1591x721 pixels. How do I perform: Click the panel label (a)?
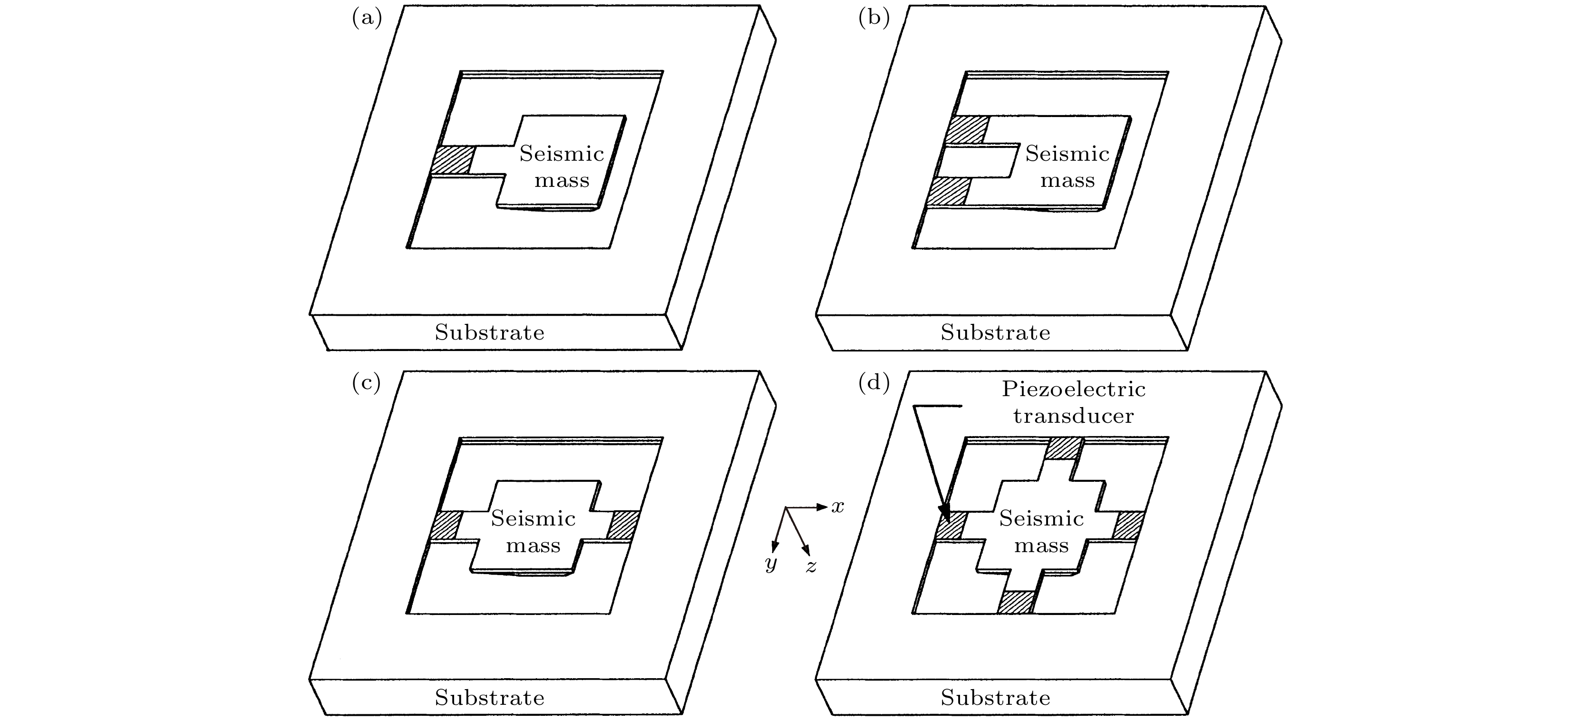click(x=367, y=19)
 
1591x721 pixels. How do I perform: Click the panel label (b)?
click(x=874, y=19)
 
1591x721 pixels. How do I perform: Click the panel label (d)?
click(x=874, y=383)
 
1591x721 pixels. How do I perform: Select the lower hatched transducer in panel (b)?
click(x=948, y=192)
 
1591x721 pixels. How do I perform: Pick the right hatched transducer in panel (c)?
click(x=622, y=525)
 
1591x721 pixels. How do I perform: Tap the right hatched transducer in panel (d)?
click(x=1128, y=525)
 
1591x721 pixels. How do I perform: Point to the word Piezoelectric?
click(x=1074, y=389)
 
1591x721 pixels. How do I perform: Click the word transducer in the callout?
click(x=1074, y=416)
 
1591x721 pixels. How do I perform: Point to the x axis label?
click(x=837, y=507)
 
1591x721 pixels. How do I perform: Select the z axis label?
click(x=811, y=566)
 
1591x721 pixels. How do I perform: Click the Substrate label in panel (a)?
click(x=489, y=332)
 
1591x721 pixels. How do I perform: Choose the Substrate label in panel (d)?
click(x=995, y=698)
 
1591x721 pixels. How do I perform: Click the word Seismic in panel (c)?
click(x=533, y=518)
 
